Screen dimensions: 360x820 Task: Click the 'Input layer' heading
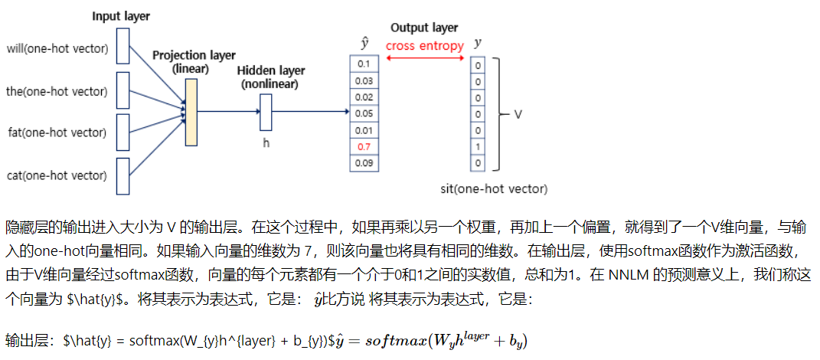click(121, 16)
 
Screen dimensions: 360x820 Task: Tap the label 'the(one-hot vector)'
click(57, 93)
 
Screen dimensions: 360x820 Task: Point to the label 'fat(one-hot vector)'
click(57, 133)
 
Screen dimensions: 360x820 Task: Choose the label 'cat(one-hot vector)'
click(57, 176)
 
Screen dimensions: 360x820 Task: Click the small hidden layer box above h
click(266, 112)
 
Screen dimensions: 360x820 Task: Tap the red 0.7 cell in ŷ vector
click(364, 146)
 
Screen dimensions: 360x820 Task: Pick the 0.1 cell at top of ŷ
click(364, 64)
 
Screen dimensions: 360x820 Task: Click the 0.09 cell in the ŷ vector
click(364, 162)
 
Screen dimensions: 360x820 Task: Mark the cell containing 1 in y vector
click(479, 146)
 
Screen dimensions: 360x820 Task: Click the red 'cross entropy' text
click(424, 45)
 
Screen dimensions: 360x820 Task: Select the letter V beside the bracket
click(518, 114)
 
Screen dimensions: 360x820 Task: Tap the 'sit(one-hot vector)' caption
click(495, 188)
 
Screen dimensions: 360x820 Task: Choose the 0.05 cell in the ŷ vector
click(364, 113)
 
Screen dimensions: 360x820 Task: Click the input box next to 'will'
click(123, 51)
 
